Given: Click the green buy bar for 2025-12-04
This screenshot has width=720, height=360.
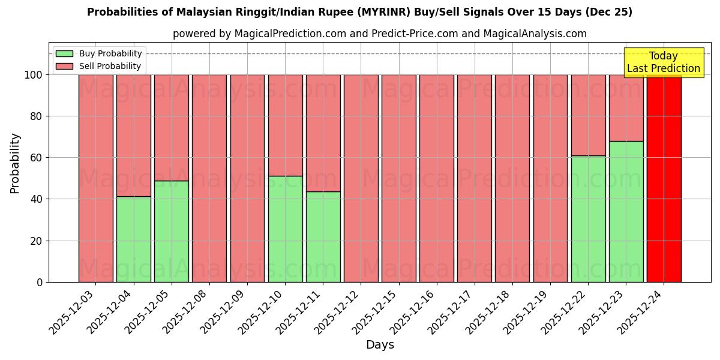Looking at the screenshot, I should (134, 239).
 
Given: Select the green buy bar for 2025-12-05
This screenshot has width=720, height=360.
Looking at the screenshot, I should (172, 231).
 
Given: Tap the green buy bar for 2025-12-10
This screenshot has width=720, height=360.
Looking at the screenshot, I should (285, 229).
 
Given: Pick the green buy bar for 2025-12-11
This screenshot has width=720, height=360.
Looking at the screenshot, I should (323, 236).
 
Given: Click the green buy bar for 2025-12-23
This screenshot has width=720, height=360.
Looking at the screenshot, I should (626, 211).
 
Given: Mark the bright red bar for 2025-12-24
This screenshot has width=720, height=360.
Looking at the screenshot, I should (664, 178).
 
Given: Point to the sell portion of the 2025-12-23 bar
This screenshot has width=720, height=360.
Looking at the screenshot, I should (626, 108).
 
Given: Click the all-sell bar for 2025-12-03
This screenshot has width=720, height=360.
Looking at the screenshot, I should (96, 178).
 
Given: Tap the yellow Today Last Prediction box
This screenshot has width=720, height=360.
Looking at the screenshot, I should (663, 62).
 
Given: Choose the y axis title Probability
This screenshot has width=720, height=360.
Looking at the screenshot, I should (16, 163).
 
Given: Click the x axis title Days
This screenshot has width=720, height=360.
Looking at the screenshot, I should (380, 345).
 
